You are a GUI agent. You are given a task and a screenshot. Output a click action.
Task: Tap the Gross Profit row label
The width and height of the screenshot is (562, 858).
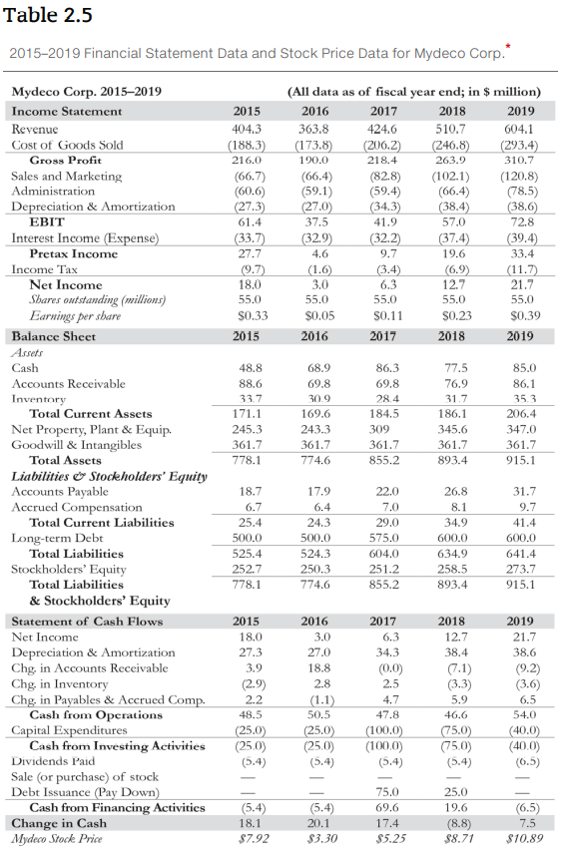coord(66,160)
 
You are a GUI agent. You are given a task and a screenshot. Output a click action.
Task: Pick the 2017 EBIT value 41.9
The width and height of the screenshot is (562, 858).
coord(383,221)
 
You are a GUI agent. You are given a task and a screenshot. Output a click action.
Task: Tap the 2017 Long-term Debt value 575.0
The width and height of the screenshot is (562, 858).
coord(383,537)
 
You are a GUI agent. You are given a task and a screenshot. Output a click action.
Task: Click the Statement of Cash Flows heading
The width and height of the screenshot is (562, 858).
coord(86,620)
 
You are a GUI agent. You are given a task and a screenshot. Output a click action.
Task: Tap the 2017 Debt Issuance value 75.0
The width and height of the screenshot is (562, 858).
coord(385,792)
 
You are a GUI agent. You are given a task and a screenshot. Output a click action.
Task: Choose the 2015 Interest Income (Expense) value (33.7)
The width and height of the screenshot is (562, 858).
coord(247,237)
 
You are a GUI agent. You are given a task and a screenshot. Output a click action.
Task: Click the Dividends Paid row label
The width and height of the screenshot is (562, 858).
coord(52,761)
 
